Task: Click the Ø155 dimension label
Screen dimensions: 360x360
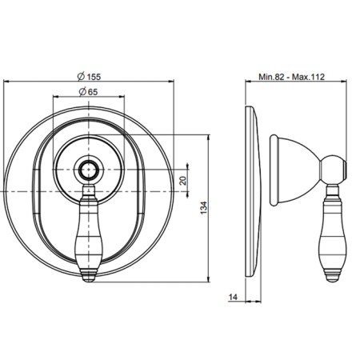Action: click(89, 77)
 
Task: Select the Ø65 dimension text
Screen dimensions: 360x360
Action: click(89, 92)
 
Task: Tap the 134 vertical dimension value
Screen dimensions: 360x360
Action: click(203, 208)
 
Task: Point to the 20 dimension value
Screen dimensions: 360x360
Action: click(183, 181)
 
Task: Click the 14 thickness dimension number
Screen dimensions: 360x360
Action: click(233, 297)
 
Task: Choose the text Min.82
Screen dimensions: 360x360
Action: click(271, 77)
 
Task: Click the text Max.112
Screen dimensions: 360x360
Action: click(308, 77)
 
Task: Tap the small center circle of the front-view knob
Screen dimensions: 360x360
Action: click(88, 170)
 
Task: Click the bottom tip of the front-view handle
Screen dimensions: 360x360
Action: click(88, 282)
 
